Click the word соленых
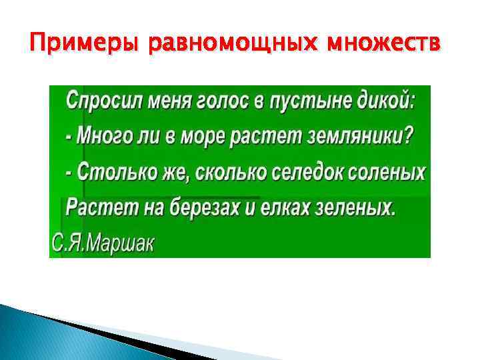tap(394, 173)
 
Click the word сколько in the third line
tap(227, 173)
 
